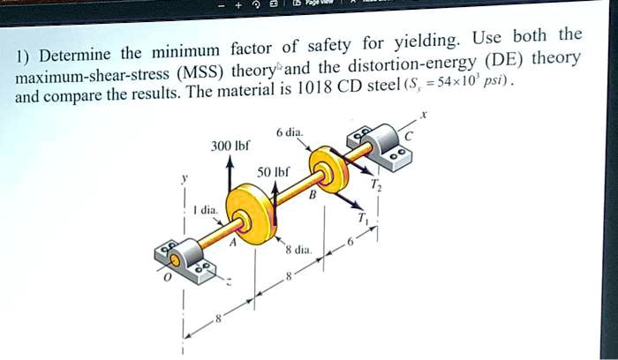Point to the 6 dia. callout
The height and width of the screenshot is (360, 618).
[x=290, y=132]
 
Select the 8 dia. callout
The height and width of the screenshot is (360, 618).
[x=299, y=251]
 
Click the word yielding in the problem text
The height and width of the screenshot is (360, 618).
[x=419, y=41]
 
